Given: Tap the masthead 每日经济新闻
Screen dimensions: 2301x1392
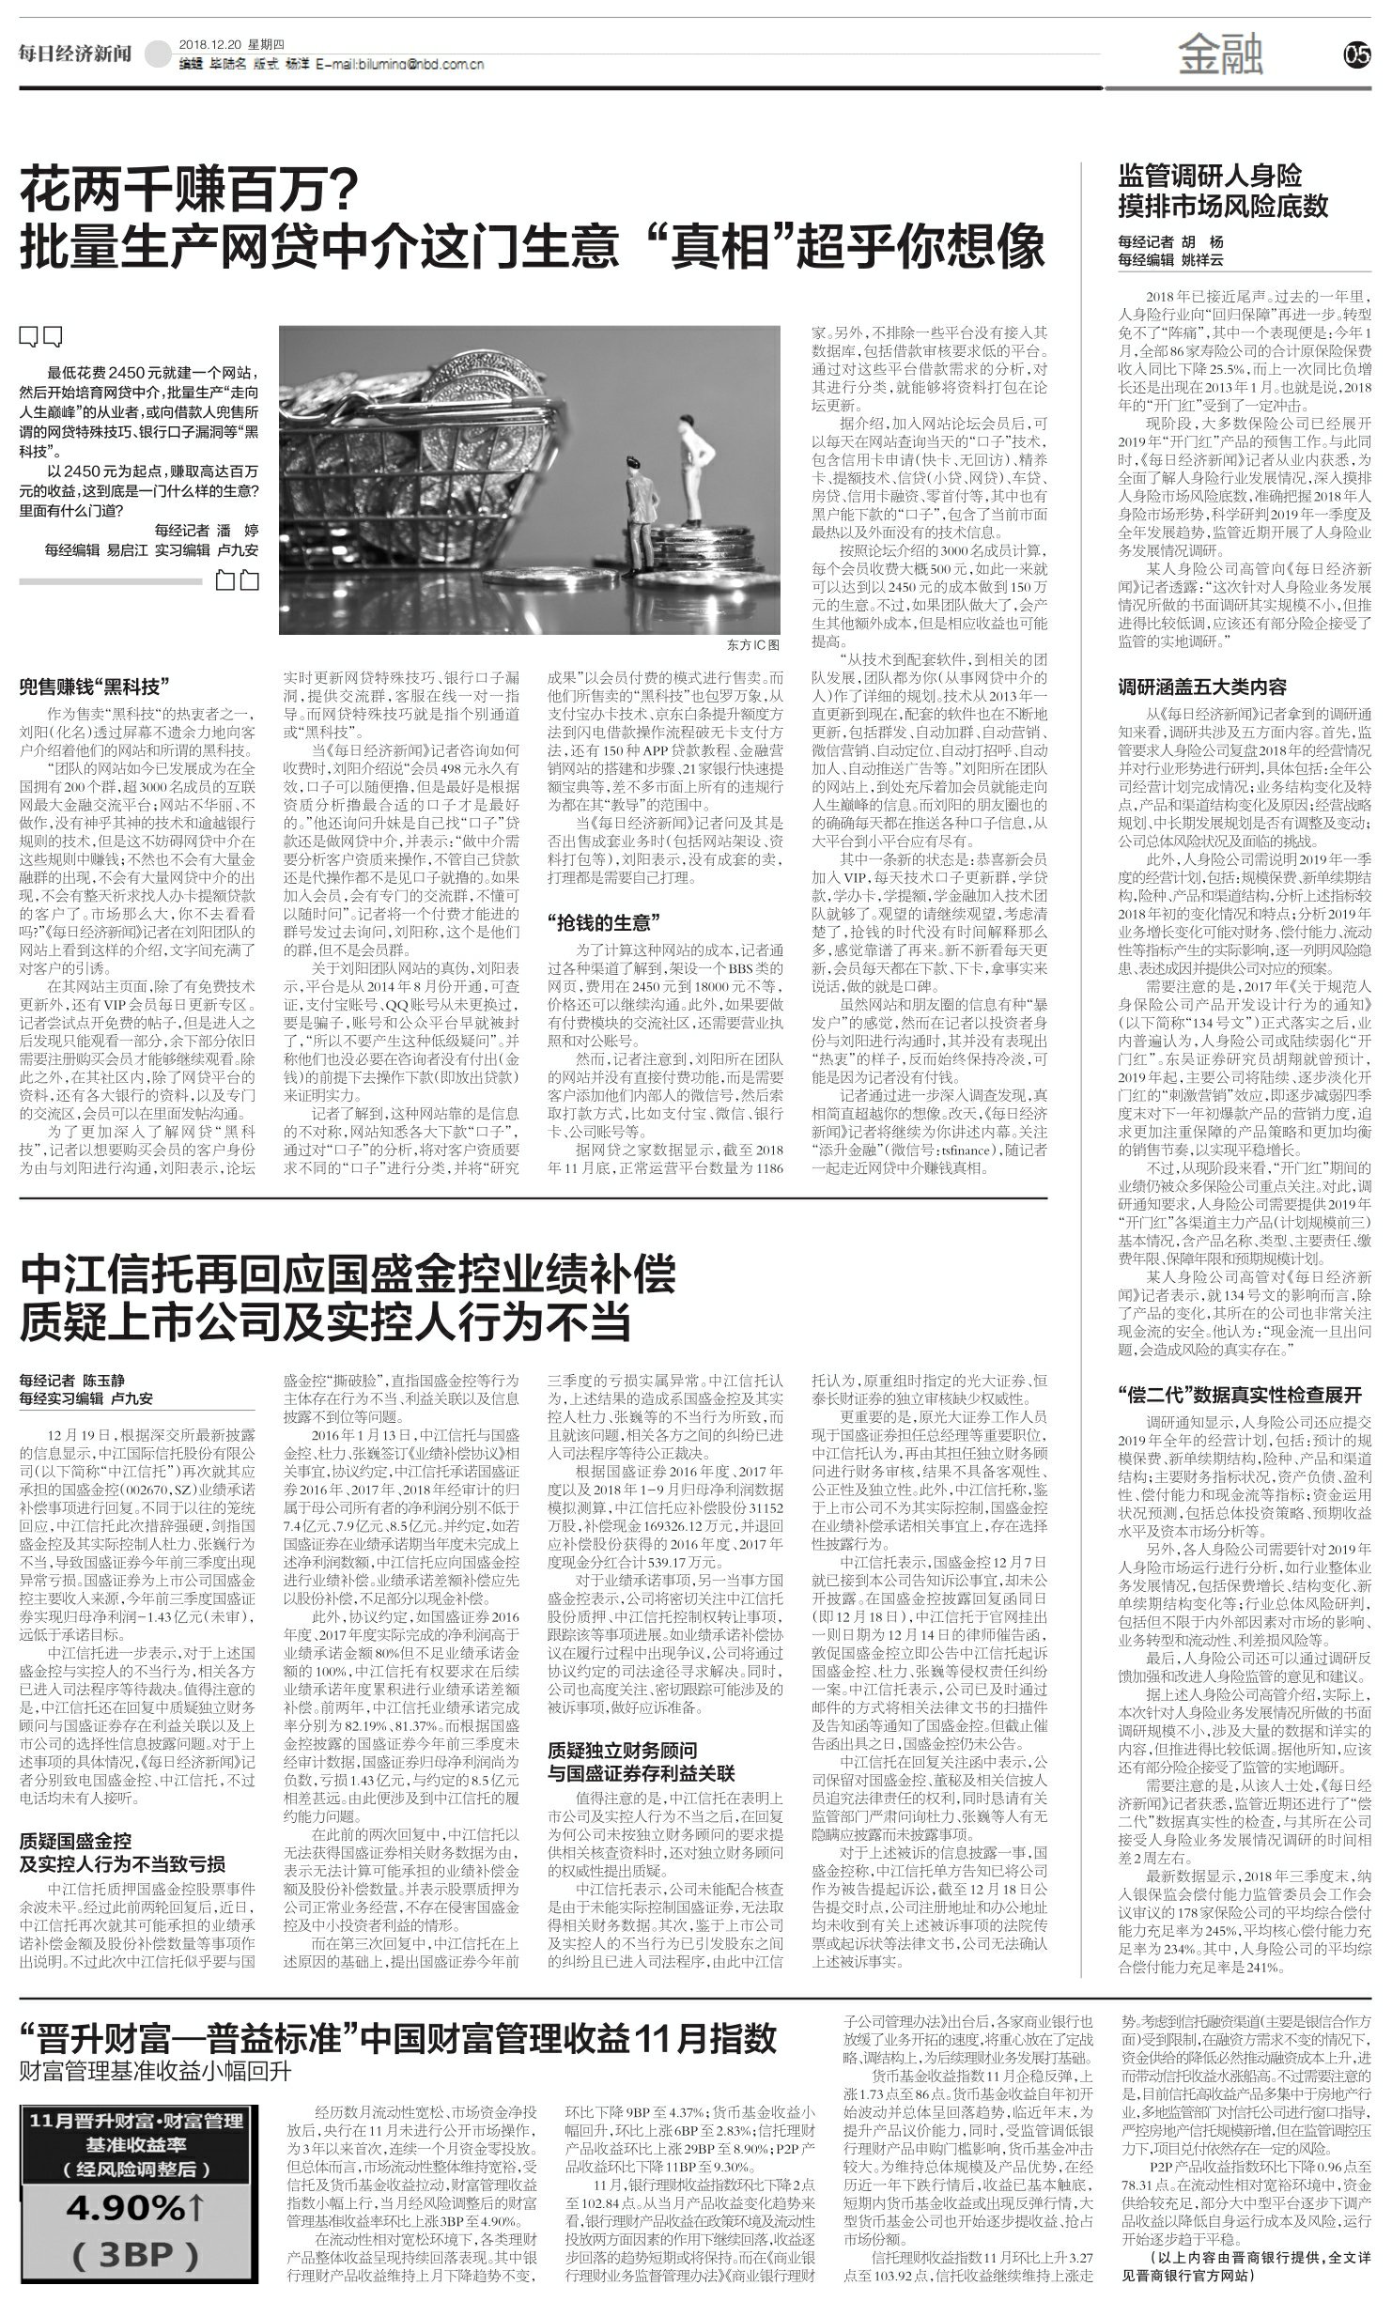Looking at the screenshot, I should coord(75,54).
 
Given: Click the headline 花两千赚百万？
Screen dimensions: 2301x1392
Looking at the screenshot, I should coord(192,191).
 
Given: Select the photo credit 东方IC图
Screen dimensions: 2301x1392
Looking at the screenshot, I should coord(752,646).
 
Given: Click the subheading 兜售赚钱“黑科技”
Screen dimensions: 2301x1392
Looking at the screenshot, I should coord(95,686).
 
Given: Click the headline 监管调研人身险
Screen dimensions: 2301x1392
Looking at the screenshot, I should coord(1210,176).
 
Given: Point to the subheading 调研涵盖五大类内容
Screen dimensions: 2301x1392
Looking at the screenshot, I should coord(1202,687).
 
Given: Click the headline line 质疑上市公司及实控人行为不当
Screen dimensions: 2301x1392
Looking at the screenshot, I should coord(325,1321).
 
